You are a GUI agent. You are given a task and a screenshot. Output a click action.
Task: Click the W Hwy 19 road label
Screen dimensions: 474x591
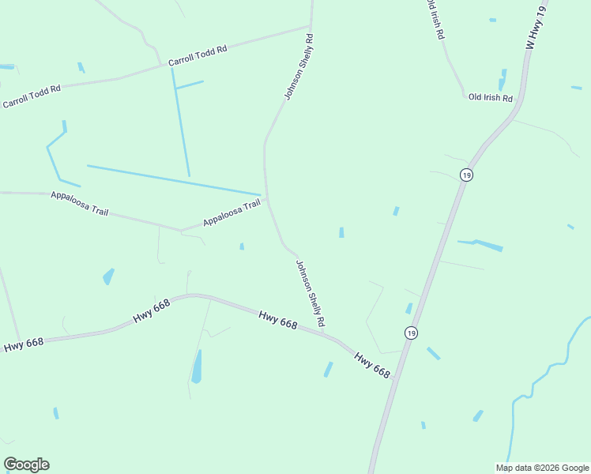536,27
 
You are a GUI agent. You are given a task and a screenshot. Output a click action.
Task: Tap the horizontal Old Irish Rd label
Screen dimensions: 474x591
491,98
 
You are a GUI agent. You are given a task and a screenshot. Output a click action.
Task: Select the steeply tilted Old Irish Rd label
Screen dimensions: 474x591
435,19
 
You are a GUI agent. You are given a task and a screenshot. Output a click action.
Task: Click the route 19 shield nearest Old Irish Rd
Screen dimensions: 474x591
467,175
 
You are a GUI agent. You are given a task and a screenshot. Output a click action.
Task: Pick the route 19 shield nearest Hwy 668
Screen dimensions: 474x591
411,333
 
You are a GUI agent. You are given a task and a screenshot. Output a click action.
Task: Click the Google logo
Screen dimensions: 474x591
26,465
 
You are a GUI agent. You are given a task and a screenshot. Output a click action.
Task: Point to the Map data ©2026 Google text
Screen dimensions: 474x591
543,468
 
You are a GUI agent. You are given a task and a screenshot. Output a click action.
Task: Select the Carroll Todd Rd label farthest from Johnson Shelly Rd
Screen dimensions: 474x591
32,97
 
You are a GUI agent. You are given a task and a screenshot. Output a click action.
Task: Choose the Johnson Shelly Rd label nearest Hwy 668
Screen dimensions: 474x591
311,294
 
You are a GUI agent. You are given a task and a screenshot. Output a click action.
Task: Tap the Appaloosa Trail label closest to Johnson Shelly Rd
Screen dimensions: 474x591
232,213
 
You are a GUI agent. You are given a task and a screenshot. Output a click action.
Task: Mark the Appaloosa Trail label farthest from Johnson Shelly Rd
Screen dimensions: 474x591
79,204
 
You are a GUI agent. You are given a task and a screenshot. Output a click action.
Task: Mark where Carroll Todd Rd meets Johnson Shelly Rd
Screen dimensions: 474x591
311,26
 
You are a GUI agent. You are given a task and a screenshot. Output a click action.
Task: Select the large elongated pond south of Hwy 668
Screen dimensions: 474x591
197,367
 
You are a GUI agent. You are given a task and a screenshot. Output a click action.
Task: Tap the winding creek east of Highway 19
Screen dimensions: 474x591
545,379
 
